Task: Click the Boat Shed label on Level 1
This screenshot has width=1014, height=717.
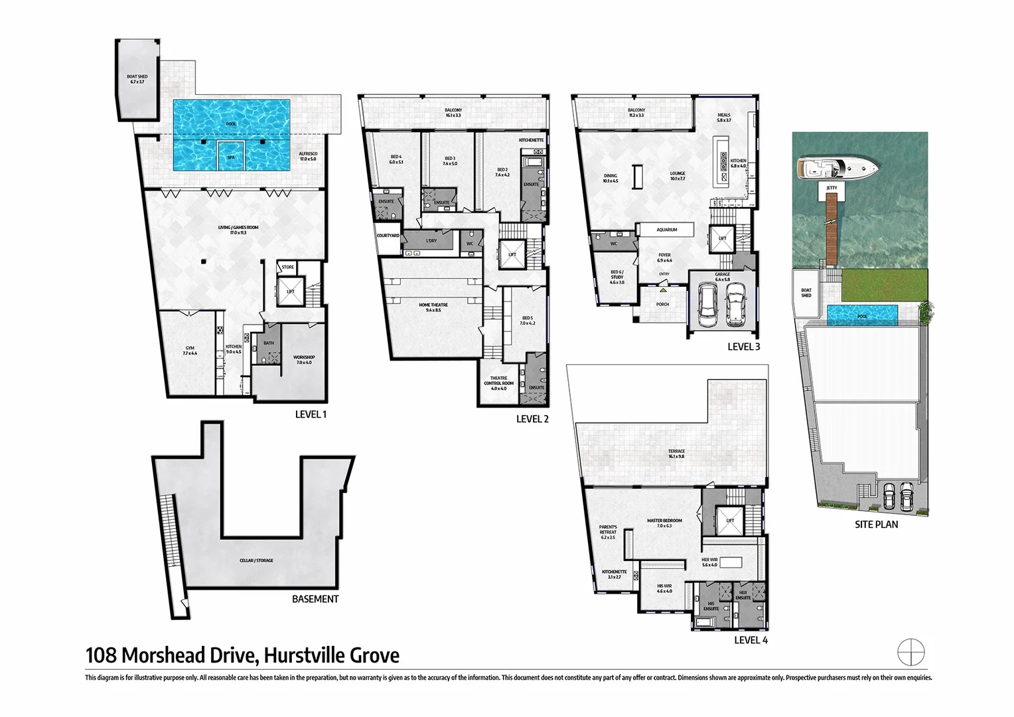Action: [137, 79]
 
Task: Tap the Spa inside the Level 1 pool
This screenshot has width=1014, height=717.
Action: [231, 157]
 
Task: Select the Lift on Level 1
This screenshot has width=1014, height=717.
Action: [291, 291]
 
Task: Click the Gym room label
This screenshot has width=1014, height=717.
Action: [190, 351]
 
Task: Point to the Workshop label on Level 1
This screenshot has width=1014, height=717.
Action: [304, 360]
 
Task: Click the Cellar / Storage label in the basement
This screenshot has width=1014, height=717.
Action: [256, 560]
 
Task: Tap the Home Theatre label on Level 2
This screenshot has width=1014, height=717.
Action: [433, 307]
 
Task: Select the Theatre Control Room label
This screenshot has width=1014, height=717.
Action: [498, 383]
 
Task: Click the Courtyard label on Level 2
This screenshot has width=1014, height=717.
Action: [388, 236]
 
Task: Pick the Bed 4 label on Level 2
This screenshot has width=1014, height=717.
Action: [396, 159]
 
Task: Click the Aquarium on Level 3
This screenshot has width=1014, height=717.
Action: [666, 230]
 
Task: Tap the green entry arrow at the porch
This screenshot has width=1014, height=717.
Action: [663, 290]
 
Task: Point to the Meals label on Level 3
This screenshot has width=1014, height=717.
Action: [723, 118]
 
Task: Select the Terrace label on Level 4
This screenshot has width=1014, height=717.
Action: [676, 453]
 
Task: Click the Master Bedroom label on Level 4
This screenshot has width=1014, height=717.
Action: [664, 523]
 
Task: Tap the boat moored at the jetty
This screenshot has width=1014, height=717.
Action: [837, 169]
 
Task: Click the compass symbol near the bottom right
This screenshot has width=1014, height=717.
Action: [910, 652]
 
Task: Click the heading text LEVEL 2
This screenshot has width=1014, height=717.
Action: [532, 419]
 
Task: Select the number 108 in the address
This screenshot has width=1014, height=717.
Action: [101, 656]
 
